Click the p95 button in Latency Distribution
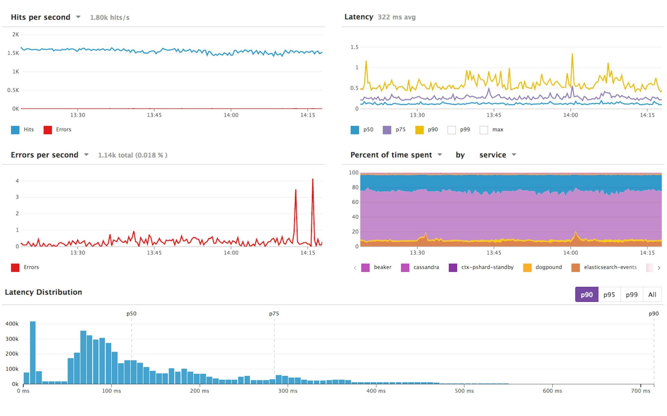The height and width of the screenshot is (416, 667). coord(609,295)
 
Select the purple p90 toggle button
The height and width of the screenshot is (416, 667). coord(586,295)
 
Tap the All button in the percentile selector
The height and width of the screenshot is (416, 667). coord(652,295)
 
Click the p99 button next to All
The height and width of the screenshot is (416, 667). coord(631,295)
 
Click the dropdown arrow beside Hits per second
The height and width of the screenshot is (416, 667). coord(78,17)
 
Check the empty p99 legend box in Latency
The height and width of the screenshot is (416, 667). coord(451,130)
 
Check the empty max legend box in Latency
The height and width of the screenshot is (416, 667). coord(483,130)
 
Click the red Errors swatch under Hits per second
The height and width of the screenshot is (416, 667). coord(48,130)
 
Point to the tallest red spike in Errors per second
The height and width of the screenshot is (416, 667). coord(312,180)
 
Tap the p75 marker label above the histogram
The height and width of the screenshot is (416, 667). coord(274,314)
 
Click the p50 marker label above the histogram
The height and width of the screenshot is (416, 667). coord(131,314)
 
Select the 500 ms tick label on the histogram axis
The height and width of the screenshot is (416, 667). coord(464,391)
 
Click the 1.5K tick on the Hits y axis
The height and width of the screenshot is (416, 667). coord(13,53)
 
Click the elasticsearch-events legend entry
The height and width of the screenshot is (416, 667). coord(610,267)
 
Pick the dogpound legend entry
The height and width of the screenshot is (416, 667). coord(548,267)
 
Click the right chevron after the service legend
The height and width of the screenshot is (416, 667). coord(659,268)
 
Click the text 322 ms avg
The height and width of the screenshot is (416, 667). coord(396,17)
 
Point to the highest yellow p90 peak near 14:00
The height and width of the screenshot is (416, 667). coord(572,54)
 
